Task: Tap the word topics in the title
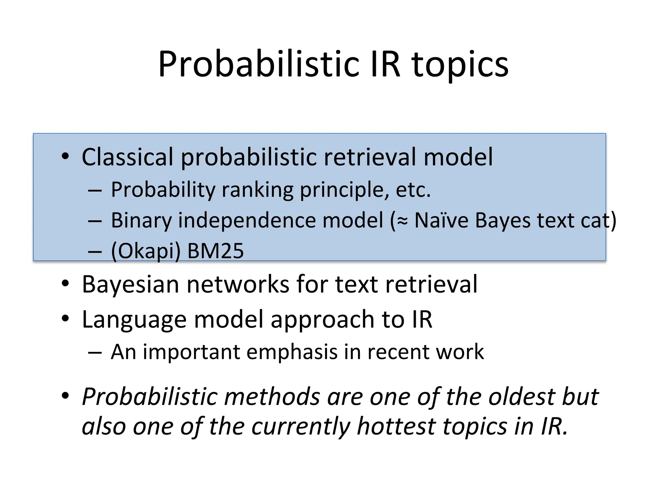pyautogui.click(x=460, y=65)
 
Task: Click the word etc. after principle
pyautogui.click(x=413, y=190)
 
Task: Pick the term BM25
pyautogui.click(x=215, y=251)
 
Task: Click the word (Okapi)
pyautogui.click(x=146, y=252)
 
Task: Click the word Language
pyautogui.click(x=134, y=320)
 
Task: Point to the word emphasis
pyautogui.click(x=292, y=352)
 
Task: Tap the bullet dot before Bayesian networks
pyautogui.click(x=65, y=284)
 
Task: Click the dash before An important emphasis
pyautogui.click(x=95, y=353)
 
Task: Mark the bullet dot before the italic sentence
pyautogui.click(x=65, y=396)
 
